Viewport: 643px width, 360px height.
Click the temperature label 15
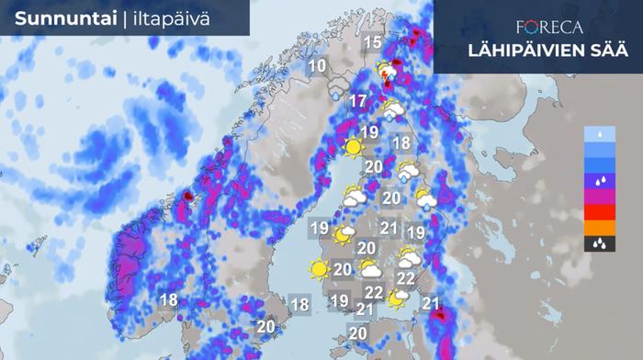pos(372,42)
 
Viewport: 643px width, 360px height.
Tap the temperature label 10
pos(318,66)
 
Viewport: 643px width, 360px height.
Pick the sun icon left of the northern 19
pos(352,146)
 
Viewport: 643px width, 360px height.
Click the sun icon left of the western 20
pos(319,270)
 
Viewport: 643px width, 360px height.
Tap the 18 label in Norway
pos(168,299)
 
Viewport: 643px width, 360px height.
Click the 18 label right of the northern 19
pos(400,143)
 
